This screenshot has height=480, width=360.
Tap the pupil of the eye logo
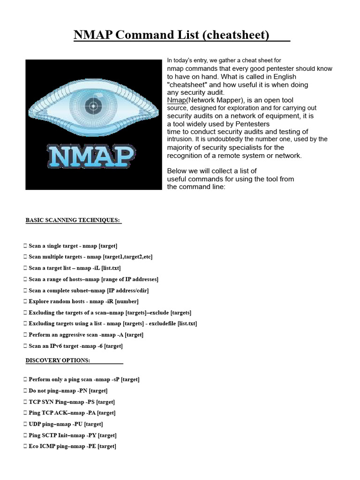[x=93, y=106]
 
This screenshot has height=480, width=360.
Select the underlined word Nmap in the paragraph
[x=177, y=100]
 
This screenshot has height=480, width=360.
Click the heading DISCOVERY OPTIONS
[x=58, y=360]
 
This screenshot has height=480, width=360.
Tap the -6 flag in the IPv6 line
[x=99, y=346]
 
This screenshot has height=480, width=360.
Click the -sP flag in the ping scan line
[x=115, y=379]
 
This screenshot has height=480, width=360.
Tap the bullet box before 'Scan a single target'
[x=24, y=246]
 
